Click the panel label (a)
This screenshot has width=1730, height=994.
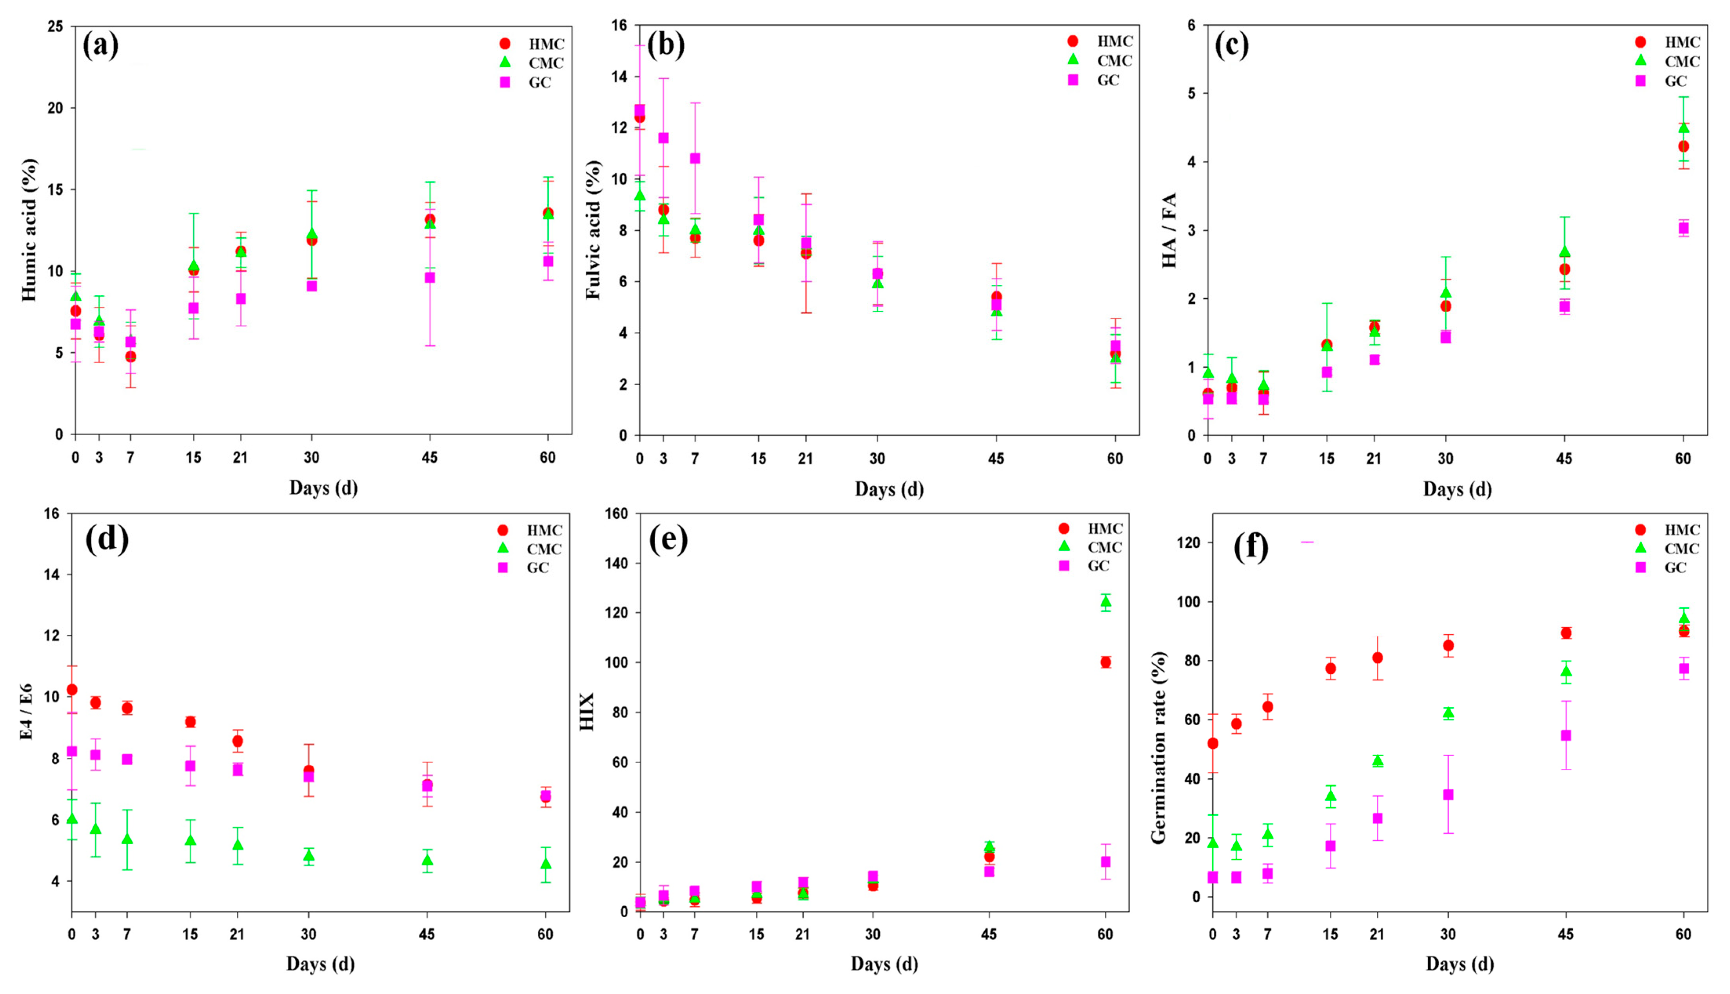[x=100, y=46]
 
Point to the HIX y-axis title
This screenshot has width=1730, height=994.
[x=587, y=712]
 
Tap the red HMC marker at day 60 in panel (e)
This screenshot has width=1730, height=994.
[x=1105, y=662]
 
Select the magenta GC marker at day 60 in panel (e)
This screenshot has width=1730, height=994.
[x=1105, y=862]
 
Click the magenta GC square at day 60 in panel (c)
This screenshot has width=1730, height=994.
[x=1684, y=228]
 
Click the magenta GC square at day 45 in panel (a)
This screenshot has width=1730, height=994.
[x=430, y=278]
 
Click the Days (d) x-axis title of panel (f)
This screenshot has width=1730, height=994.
[x=1460, y=964]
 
